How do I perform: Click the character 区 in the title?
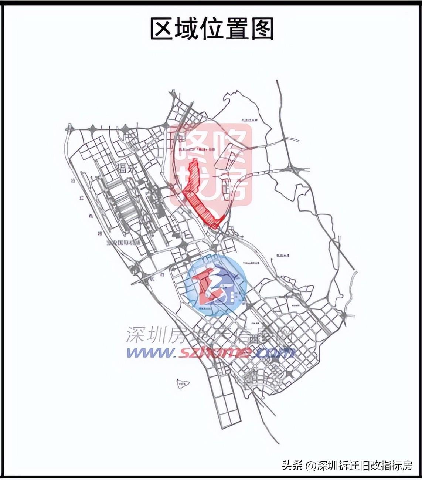click(162, 28)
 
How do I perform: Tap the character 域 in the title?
click(187, 28)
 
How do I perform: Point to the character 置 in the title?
click(237, 28)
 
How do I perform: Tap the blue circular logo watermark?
click(216, 285)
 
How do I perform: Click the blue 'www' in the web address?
click(150, 352)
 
